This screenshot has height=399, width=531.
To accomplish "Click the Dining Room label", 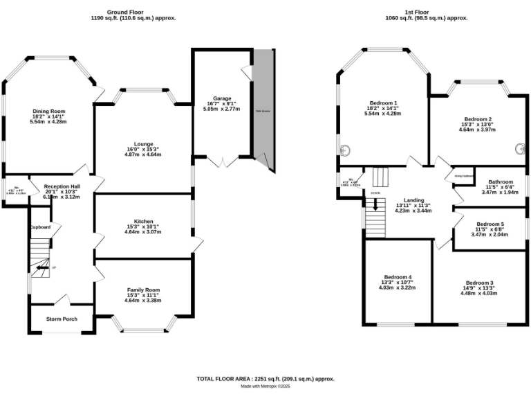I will click(x=48, y=111).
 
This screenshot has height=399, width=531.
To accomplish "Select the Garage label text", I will click(x=222, y=98).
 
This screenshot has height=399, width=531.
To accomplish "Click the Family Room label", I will click(x=143, y=290).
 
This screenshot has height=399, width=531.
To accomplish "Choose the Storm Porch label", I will click(x=62, y=319).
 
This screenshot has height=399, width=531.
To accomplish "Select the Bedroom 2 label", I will click(x=477, y=118).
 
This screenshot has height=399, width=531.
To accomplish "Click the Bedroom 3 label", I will click(x=479, y=283).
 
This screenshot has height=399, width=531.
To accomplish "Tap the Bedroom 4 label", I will click(x=398, y=276).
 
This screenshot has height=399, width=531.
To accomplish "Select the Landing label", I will click(x=413, y=199).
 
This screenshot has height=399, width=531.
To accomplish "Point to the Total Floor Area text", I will click(x=265, y=378).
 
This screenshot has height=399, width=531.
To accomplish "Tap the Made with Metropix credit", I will click(x=265, y=387).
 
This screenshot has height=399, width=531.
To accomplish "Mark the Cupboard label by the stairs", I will click(x=39, y=227).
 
